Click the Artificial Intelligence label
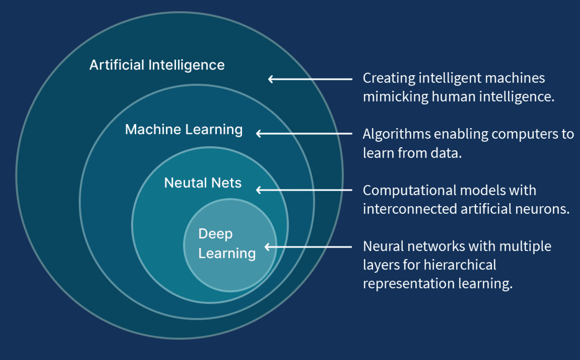157,65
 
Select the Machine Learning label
184,129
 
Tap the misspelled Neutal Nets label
203,183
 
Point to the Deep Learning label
227,243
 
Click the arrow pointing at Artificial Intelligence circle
310,79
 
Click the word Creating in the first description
384,78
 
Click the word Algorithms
395,134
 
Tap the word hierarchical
460,265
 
